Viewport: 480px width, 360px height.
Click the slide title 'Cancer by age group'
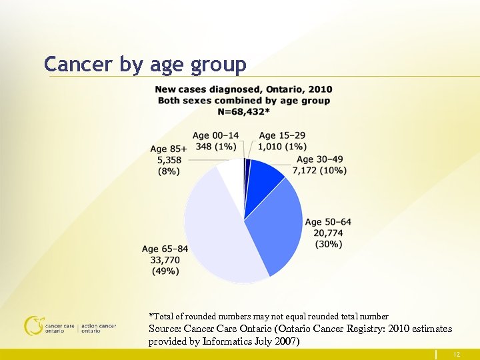pyautogui.click(x=145, y=64)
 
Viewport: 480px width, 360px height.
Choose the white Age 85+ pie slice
pyautogui.click(x=231, y=175)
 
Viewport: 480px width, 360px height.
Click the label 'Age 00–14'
pyautogui.click(x=215, y=135)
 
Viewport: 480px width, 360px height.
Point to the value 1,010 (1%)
pyautogui.click(x=283, y=146)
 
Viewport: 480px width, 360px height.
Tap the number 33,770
pyautogui.click(x=165, y=260)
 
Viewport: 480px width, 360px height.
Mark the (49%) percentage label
pyautogui.click(x=165, y=271)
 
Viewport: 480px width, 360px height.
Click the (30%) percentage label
pyautogui.click(x=328, y=244)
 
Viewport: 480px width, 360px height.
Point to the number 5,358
pyautogui.click(x=169, y=160)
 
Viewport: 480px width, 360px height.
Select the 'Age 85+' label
pyautogui.click(x=169, y=149)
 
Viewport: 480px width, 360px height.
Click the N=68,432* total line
pyautogui.click(x=243, y=111)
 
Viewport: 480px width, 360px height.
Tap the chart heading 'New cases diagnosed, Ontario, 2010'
pyautogui.click(x=243, y=89)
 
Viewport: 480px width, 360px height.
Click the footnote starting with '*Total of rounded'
pyautogui.click(x=268, y=316)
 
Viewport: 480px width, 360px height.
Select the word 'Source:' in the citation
pyautogui.click(x=165, y=329)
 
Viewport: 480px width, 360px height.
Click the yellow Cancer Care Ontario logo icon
pyautogui.click(x=33, y=325)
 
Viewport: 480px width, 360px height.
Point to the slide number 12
pyautogui.click(x=456, y=355)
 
